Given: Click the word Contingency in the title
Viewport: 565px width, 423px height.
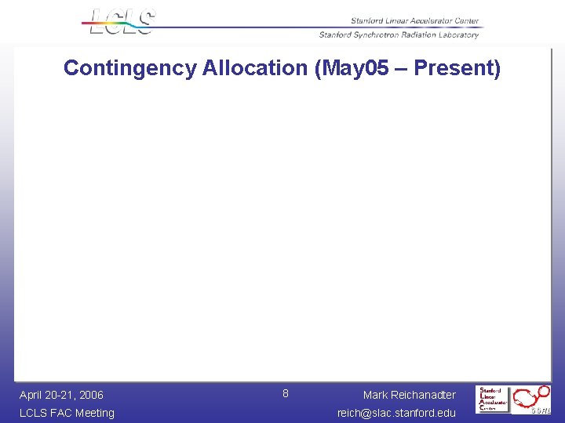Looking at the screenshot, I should pos(129,68).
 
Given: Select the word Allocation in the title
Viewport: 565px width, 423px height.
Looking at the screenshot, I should pos(254,68).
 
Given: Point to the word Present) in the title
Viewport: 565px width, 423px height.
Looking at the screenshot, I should pos(457,68).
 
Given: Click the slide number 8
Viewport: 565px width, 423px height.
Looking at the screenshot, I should pos(286,393).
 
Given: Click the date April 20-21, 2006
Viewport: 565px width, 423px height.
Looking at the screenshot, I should pos(61,395).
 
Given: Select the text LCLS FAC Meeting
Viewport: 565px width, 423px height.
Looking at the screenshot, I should pos(67,413).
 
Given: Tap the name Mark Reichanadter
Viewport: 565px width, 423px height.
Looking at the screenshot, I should pos(409,395).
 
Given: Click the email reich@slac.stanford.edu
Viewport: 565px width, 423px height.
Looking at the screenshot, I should pos(396,413).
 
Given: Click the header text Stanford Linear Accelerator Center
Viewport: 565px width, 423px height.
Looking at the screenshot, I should pos(414,21).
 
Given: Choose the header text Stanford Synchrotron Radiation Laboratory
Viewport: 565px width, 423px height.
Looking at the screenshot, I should pos(399,34).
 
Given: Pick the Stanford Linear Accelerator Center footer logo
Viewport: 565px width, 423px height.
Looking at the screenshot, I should pos(494,399).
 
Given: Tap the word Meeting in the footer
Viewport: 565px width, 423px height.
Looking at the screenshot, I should pos(94,413).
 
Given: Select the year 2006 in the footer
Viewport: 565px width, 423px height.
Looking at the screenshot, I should pos(90,395).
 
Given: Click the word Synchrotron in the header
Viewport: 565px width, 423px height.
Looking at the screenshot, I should pos(377,34).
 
